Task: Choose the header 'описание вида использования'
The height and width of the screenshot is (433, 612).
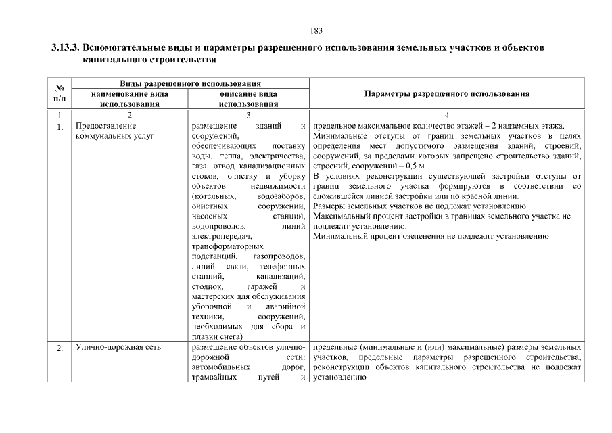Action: pyautogui.click(x=249, y=99)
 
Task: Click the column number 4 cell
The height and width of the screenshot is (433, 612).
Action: pyautogui.click(x=446, y=115)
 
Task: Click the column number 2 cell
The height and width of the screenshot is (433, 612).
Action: pyautogui.click(x=130, y=115)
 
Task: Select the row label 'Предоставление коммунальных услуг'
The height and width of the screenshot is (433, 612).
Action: pyautogui.click(x=115, y=131)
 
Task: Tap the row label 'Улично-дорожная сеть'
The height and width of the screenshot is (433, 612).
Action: pyautogui.click(x=118, y=348)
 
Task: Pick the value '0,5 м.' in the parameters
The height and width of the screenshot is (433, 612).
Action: pyautogui.click(x=414, y=166)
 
